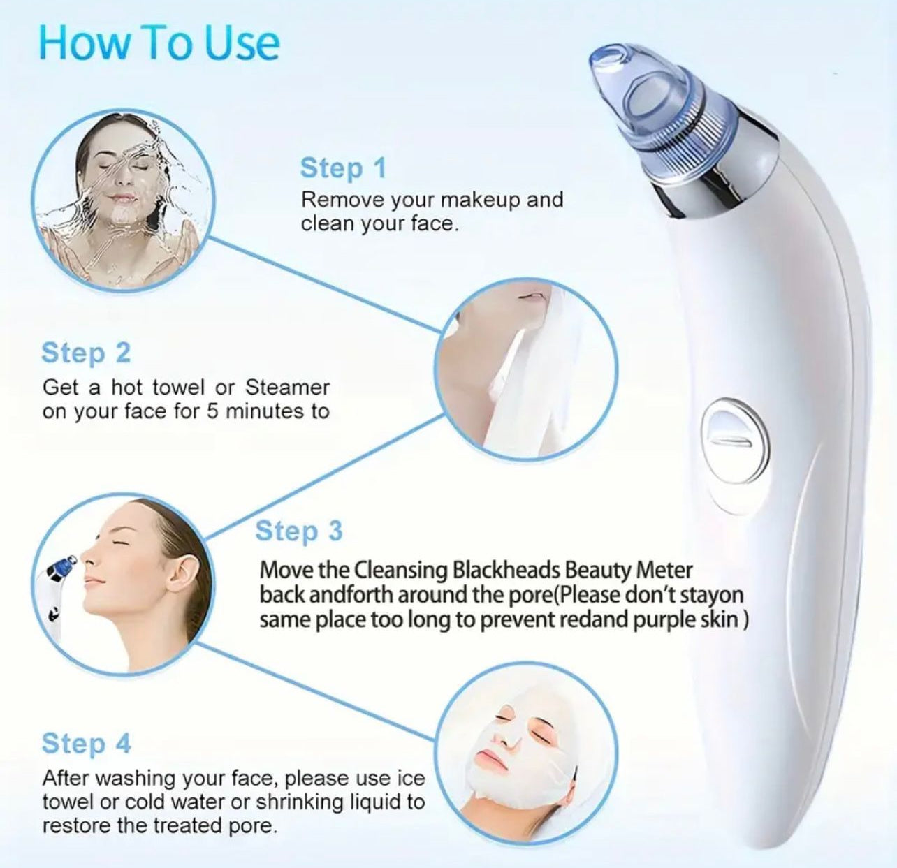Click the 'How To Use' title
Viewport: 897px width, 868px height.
tap(159, 43)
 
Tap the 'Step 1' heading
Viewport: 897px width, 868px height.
tap(342, 168)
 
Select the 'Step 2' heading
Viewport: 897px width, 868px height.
tap(86, 353)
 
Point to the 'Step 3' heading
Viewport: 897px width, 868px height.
tap(298, 531)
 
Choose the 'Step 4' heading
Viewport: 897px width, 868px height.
tap(86, 744)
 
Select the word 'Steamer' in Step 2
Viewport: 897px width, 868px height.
tap(286, 387)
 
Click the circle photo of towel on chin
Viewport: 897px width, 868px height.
tap(527, 369)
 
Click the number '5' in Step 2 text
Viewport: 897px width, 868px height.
tap(212, 411)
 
